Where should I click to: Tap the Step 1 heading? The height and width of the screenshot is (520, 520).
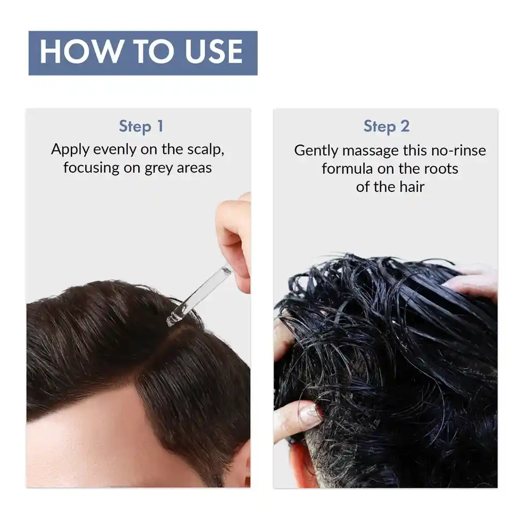(140, 127)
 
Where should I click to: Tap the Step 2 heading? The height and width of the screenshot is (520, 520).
(386, 127)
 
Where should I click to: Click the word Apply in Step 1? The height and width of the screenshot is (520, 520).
(70, 150)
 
